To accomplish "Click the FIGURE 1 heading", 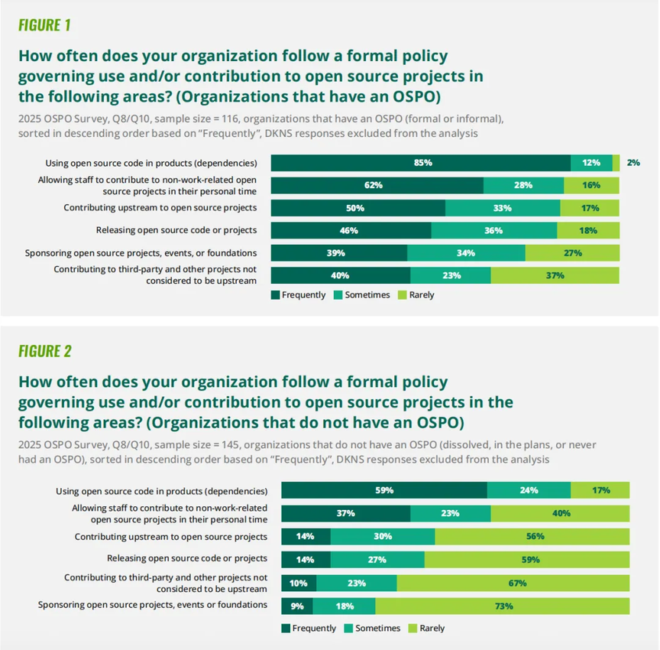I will pyautogui.click(x=44, y=25).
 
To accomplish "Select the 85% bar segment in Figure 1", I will pyautogui.click(x=421, y=162).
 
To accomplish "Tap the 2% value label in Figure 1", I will pyautogui.click(x=634, y=162).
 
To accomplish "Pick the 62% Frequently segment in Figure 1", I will pyautogui.click(x=377, y=185).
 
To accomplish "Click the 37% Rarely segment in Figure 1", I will pyautogui.click(x=555, y=275).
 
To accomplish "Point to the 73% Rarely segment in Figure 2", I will pyautogui.click(x=503, y=606).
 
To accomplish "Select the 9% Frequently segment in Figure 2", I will pyautogui.click(x=297, y=606).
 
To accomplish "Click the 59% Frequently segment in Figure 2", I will pyautogui.click(x=384, y=490).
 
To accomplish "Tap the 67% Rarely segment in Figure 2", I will pyautogui.click(x=513, y=583).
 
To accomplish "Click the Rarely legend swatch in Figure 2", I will pyautogui.click(x=412, y=629).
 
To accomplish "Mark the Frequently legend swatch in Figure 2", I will pyautogui.click(x=286, y=629).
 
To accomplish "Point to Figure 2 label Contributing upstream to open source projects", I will pyautogui.click(x=171, y=537).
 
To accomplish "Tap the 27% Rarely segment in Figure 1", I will pyautogui.click(x=572, y=253).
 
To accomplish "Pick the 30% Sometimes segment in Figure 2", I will pyautogui.click(x=383, y=537).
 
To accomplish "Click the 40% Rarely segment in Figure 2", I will pyautogui.click(x=561, y=513).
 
